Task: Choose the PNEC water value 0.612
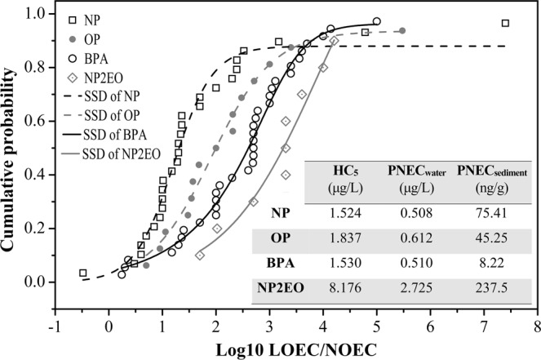tap(414, 240)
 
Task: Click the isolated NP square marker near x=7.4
tap(505, 23)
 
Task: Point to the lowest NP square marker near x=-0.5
tap(82, 273)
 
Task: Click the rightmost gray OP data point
tap(402, 31)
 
